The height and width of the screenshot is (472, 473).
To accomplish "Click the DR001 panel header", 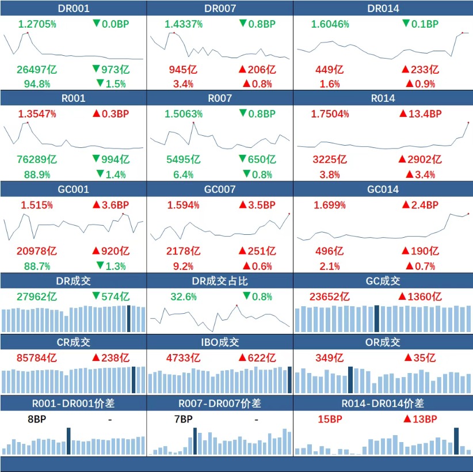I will pos(74,8).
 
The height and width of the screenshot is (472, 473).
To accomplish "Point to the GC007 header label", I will pos(220,189).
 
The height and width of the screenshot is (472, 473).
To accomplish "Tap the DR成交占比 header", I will pos(220,281).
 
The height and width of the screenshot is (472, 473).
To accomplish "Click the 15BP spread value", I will pos(329,419).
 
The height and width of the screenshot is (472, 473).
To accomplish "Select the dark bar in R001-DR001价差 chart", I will pos(69,441).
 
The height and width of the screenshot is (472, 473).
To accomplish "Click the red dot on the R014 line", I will pos(468,123).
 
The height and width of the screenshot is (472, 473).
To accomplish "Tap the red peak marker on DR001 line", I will pos(28,33).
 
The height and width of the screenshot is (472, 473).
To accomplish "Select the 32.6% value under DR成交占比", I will pos(184,296).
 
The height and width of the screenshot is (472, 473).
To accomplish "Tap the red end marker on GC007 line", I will pos(289,214).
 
